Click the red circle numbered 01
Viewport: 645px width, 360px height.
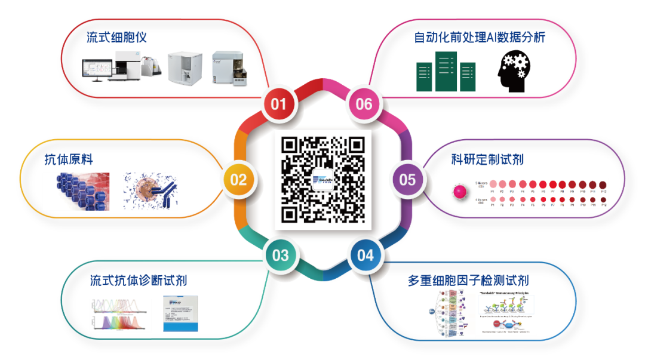(x=279, y=104)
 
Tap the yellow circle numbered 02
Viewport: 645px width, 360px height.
(x=238, y=180)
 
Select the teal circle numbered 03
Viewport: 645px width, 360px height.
(x=280, y=256)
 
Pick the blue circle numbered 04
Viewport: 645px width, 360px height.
(x=365, y=256)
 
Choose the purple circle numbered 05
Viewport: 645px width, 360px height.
(x=408, y=180)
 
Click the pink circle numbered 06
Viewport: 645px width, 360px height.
(x=364, y=104)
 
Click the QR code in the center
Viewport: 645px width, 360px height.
(x=322, y=180)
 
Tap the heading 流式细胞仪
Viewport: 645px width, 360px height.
(x=117, y=38)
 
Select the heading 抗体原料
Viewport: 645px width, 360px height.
(x=69, y=159)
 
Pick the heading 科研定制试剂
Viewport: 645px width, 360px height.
(x=488, y=159)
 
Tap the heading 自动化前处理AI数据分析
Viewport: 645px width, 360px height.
(x=480, y=38)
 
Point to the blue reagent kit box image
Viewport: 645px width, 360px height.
(x=180, y=313)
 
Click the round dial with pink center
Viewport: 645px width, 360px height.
(x=459, y=192)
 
